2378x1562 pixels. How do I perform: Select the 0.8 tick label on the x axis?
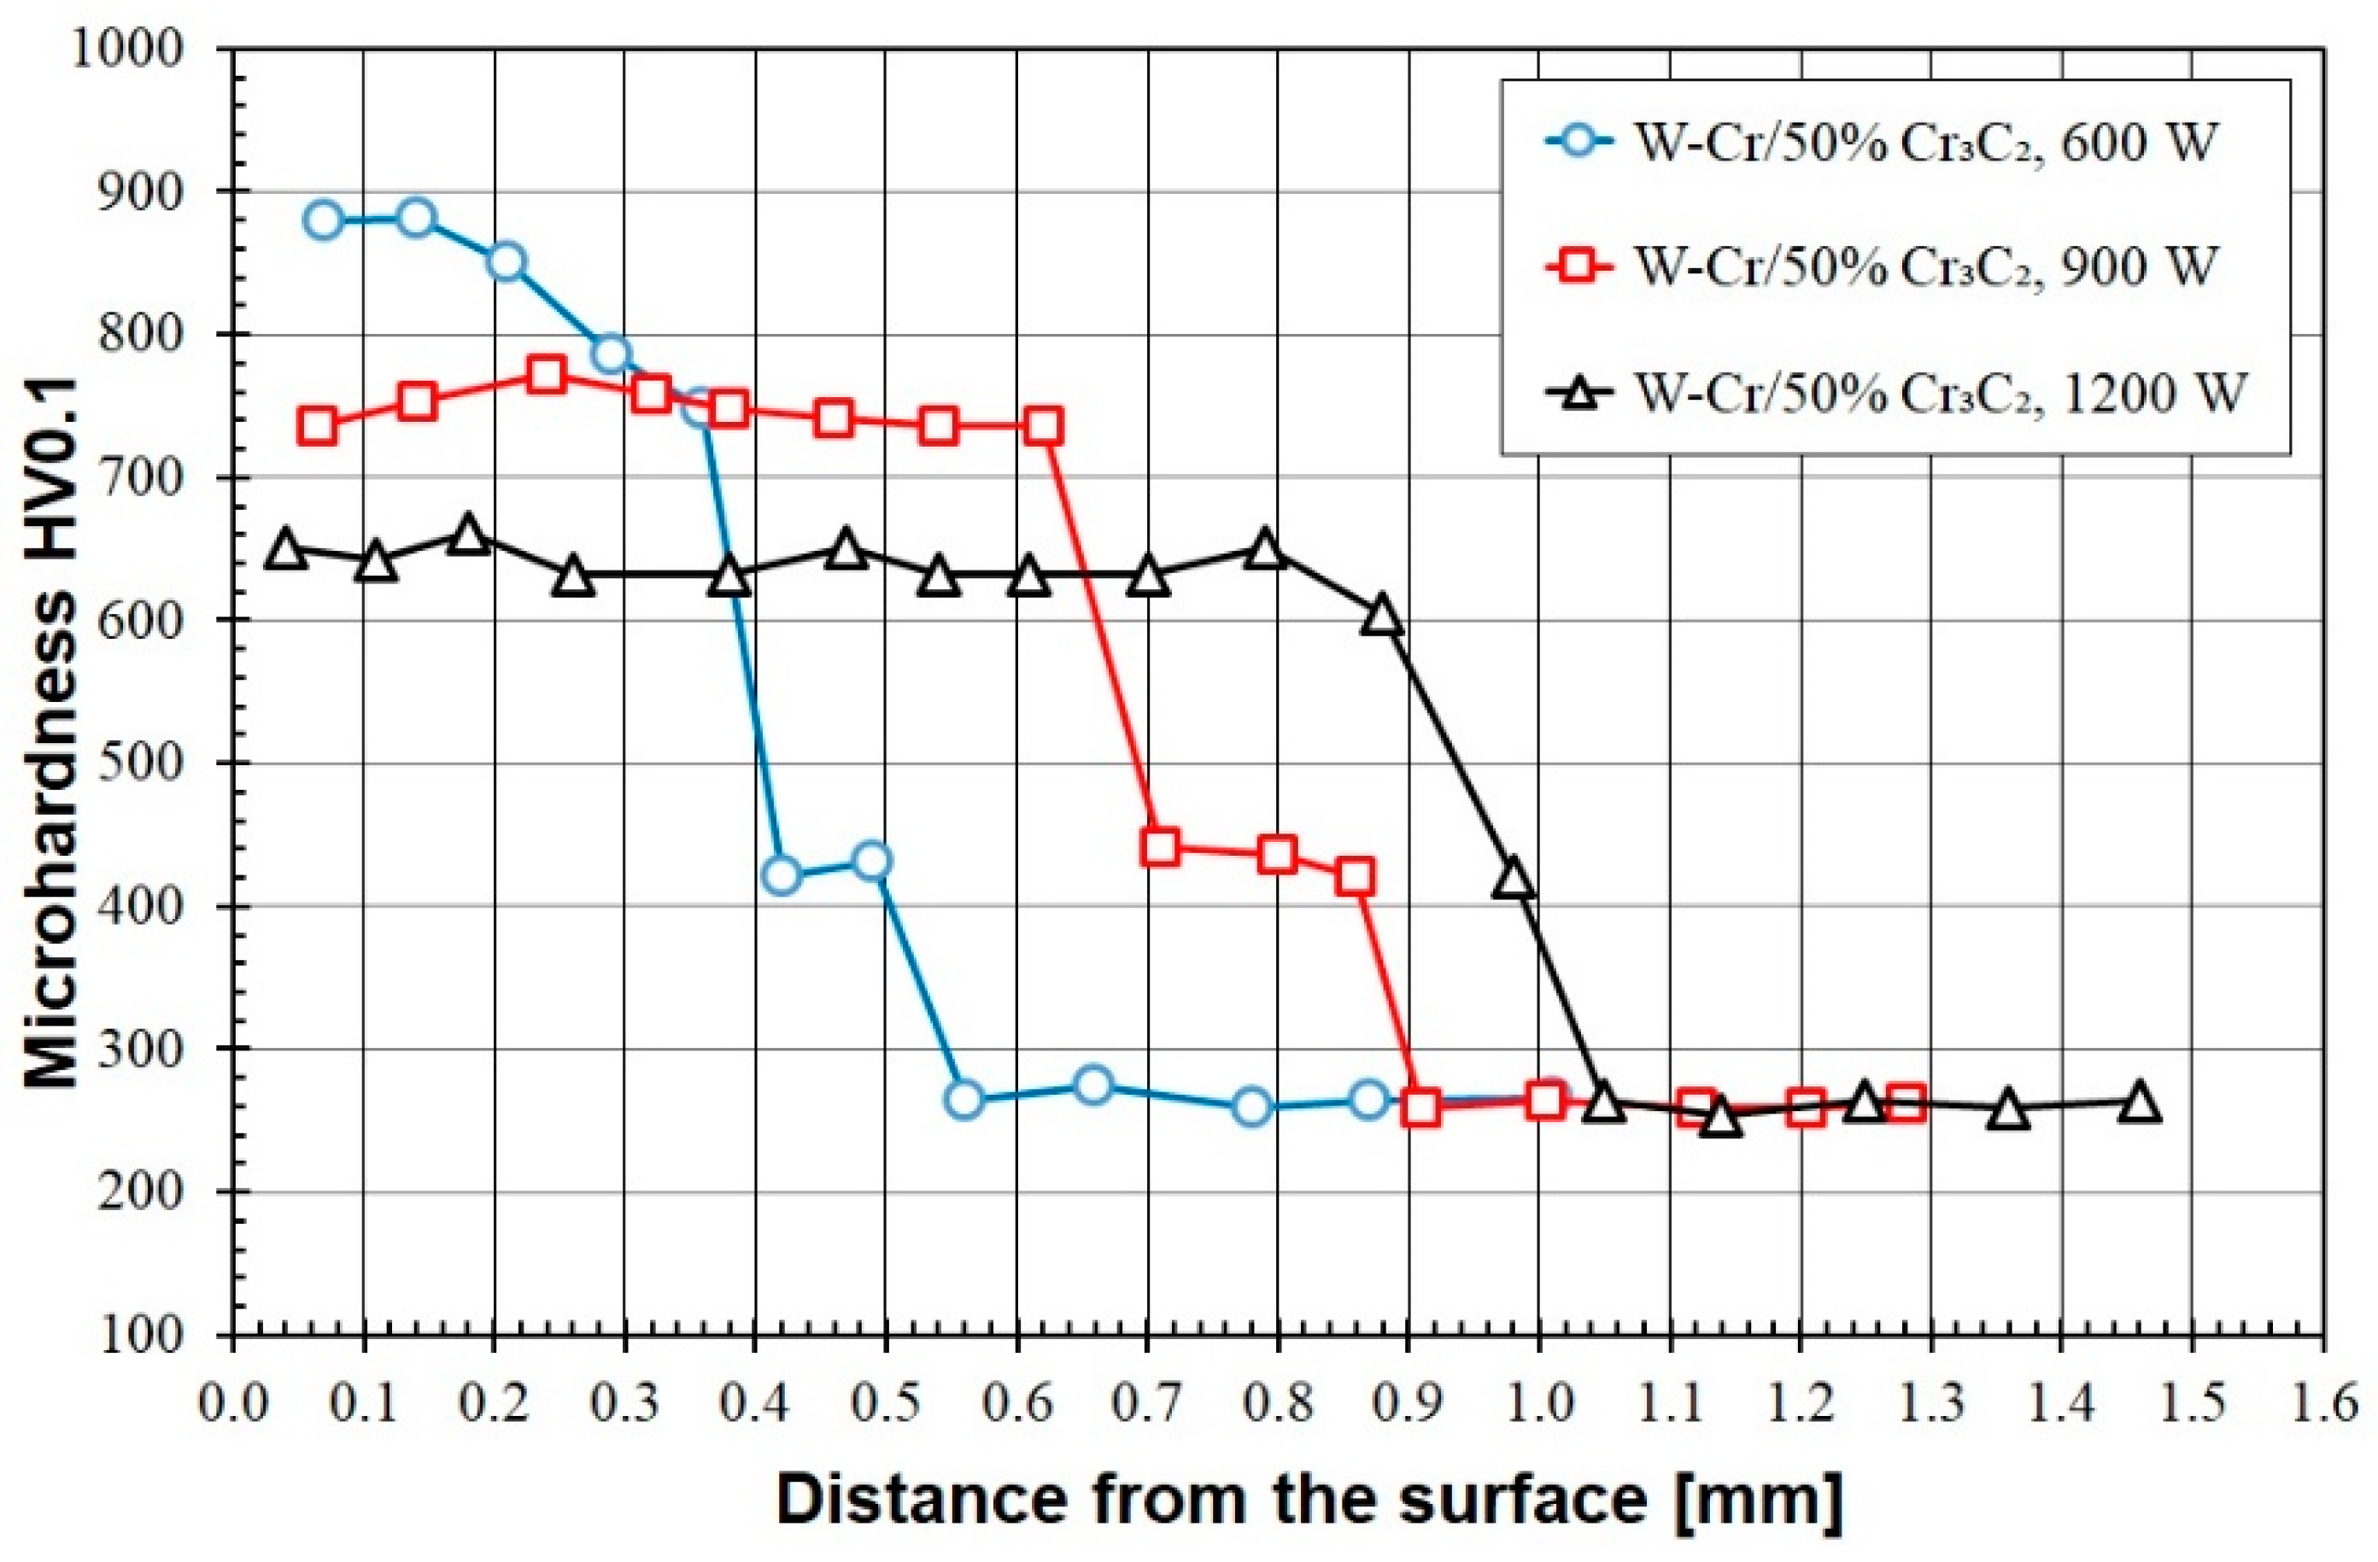1278,1403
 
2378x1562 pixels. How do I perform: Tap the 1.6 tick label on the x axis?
2322,1403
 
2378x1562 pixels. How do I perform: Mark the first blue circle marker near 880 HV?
324,219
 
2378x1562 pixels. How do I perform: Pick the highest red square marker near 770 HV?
546,376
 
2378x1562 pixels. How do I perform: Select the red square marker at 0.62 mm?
1042,426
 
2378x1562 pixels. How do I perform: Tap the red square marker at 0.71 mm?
1159,847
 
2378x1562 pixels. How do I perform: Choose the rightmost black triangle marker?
2139,1103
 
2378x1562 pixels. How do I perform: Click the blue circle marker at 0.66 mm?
1094,1085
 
